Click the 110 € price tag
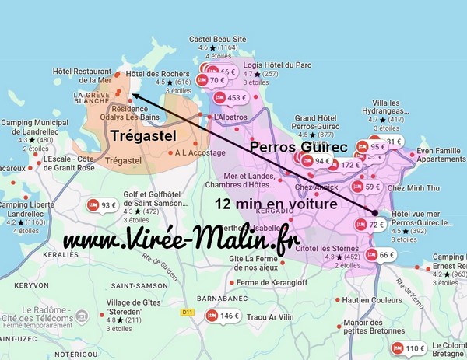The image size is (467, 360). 409,348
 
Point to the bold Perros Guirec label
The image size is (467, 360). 297,146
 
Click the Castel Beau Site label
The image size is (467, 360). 217,39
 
